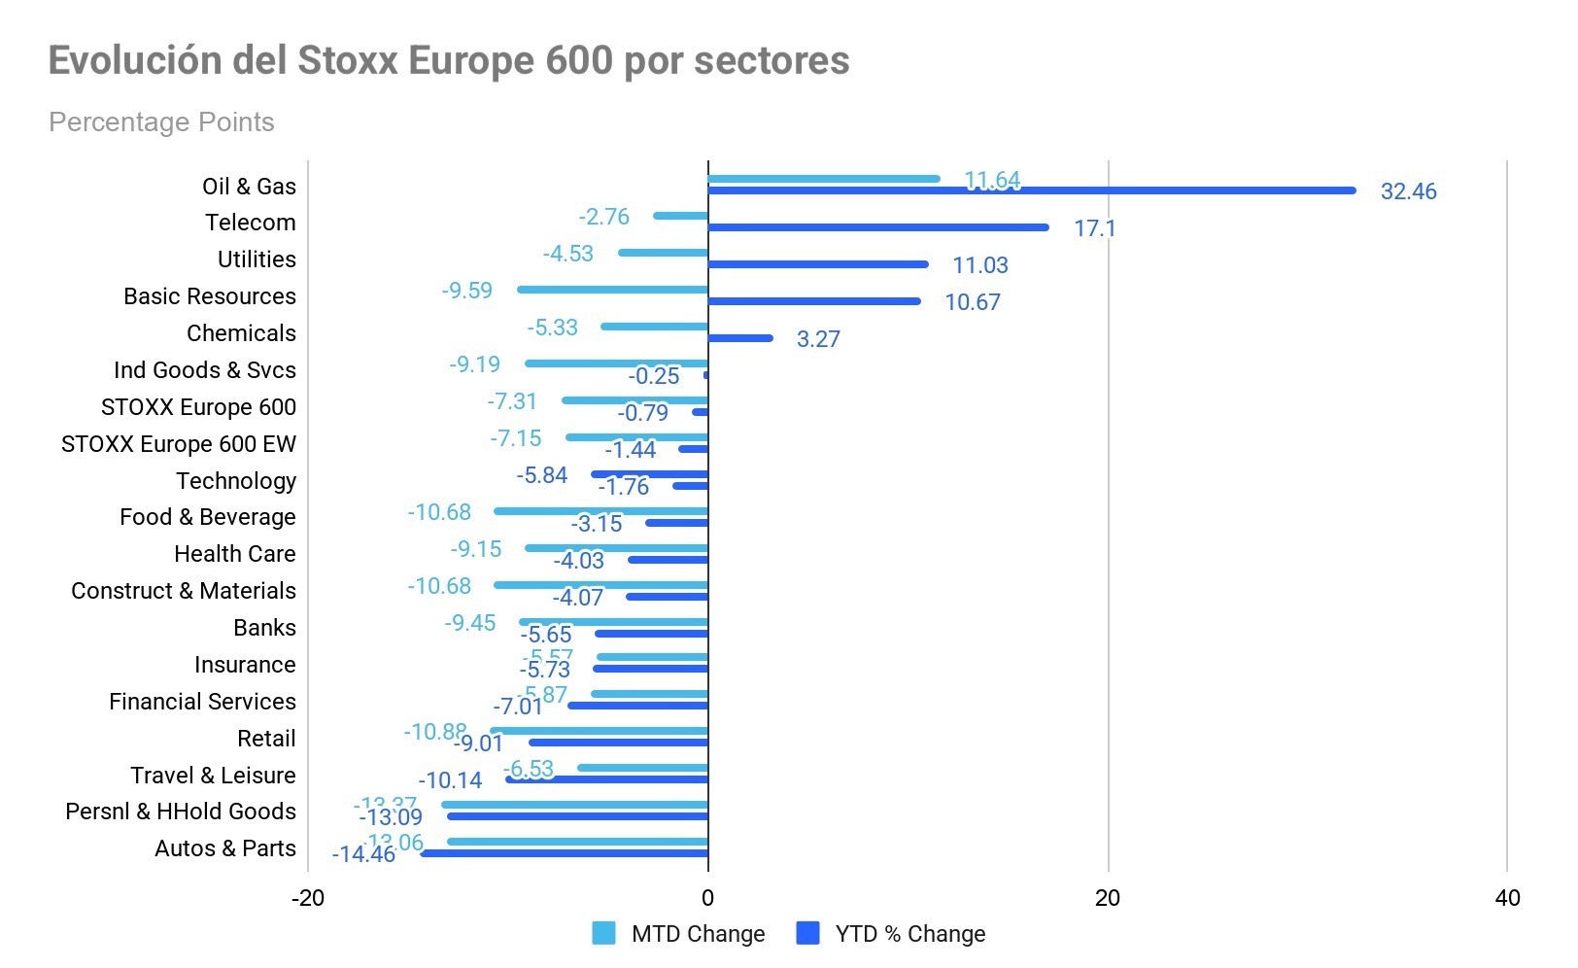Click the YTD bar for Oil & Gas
[x=1030, y=190]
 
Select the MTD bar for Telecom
[x=681, y=216]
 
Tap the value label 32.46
[x=1408, y=191]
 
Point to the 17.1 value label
[x=1094, y=228]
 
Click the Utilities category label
[x=257, y=259]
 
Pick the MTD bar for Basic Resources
[x=612, y=290]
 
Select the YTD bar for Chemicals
[x=740, y=338]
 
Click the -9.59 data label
[x=466, y=291]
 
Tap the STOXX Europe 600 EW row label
[x=178, y=444]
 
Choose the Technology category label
[x=236, y=481]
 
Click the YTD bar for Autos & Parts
[x=565, y=853]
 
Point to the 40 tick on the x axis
[x=1507, y=898]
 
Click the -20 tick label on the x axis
[x=308, y=898]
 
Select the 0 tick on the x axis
[x=707, y=898]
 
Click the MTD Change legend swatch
[x=603, y=934]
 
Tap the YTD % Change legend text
[x=909, y=934]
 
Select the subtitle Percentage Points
[x=161, y=122]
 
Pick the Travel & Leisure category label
[x=213, y=776]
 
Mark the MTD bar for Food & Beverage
[x=600, y=511]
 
